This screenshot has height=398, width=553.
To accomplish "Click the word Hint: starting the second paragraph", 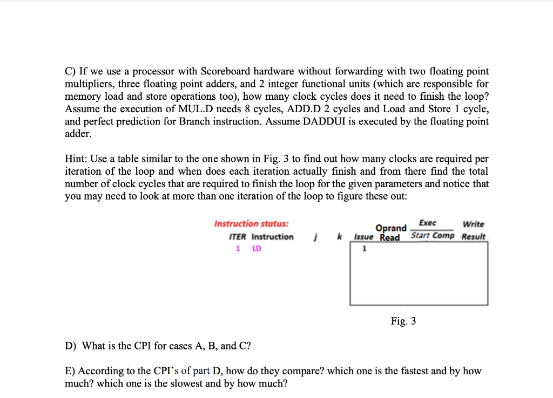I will tap(76, 159).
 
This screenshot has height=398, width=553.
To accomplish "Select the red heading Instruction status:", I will tap(251, 224).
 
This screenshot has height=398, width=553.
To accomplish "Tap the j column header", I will tap(315, 237).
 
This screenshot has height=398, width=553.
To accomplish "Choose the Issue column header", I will tap(363, 237).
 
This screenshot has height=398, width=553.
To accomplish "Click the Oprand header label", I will tap(391, 228).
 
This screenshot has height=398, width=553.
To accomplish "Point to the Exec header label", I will tap(428, 223).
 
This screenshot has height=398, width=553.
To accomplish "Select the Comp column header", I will tap(443, 236).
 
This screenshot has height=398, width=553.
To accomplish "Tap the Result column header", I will tap(474, 237).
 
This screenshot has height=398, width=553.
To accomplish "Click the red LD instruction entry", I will tap(257, 249).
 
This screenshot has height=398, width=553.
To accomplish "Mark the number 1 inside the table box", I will tap(364, 249).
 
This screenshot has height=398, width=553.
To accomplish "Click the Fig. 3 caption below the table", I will tap(403, 321).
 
